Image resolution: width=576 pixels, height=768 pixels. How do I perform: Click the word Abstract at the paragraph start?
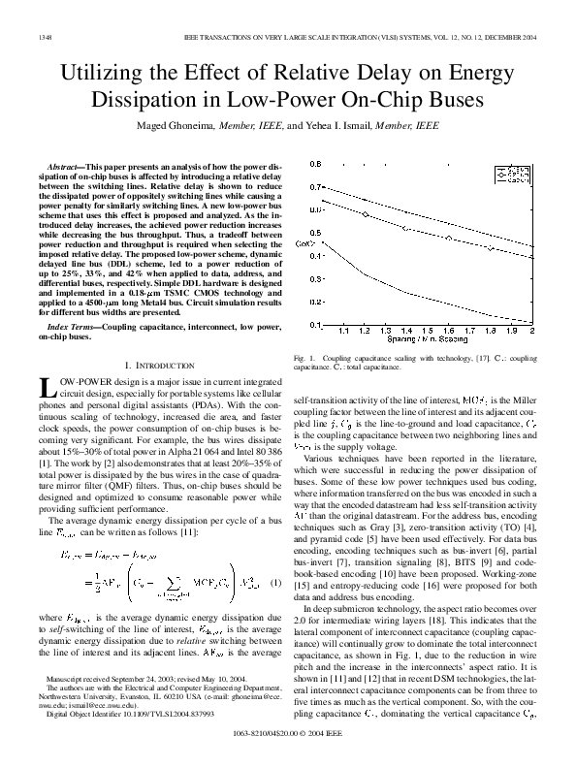coord(67,169)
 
